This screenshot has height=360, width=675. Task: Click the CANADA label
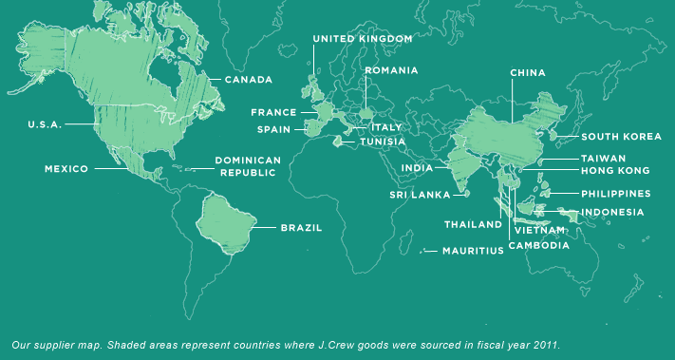point(248,80)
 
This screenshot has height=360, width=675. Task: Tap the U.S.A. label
point(44,124)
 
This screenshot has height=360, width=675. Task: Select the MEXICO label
point(66,169)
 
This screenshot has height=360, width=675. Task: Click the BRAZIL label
point(301,228)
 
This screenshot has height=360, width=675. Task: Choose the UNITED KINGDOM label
point(363,38)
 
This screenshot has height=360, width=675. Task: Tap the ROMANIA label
point(391,70)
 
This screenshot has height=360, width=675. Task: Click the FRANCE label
point(274,112)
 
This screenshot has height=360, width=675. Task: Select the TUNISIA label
point(383,142)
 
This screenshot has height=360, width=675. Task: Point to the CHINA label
point(528,72)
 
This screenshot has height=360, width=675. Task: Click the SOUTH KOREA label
point(621,137)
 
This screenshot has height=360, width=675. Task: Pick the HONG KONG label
point(615,171)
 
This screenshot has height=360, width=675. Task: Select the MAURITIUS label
point(472,252)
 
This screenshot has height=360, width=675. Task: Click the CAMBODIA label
point(539,245)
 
